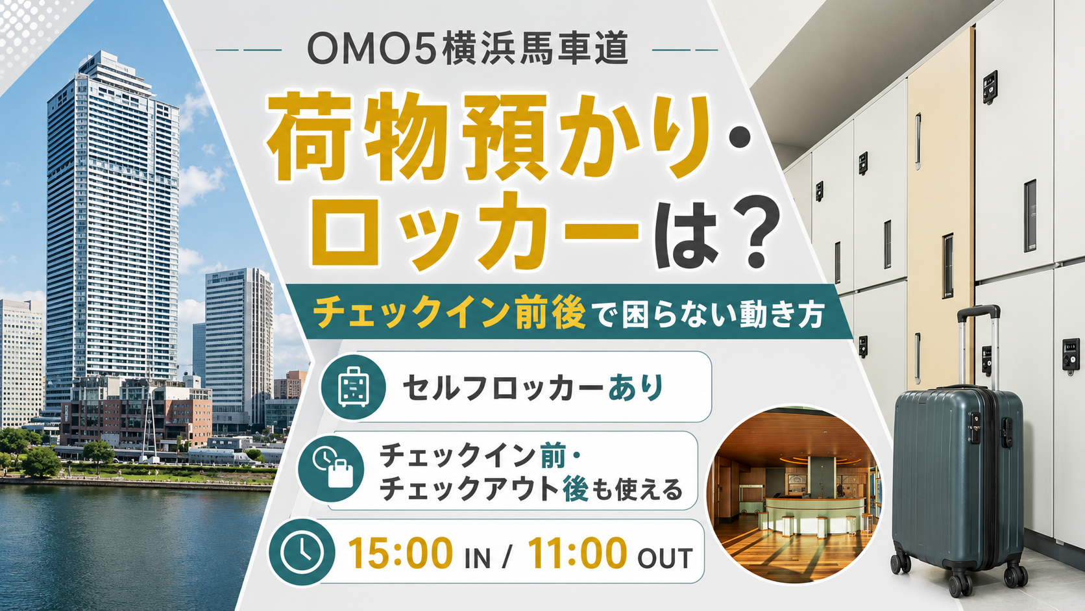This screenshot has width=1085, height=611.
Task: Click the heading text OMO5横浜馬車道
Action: tap(467, 49)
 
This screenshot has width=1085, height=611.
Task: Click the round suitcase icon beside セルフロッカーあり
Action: tap(352, 386)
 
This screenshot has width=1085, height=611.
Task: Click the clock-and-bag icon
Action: tap(332, 468)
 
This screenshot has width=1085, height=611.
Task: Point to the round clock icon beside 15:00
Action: tap(302, 553)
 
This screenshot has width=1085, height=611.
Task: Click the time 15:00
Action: tap(400, 553)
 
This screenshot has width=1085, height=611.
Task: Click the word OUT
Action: tap(664, 558)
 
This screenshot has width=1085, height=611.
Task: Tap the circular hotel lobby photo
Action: tap(794, 494)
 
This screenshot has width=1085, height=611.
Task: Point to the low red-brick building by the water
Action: tap(136, 417)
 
